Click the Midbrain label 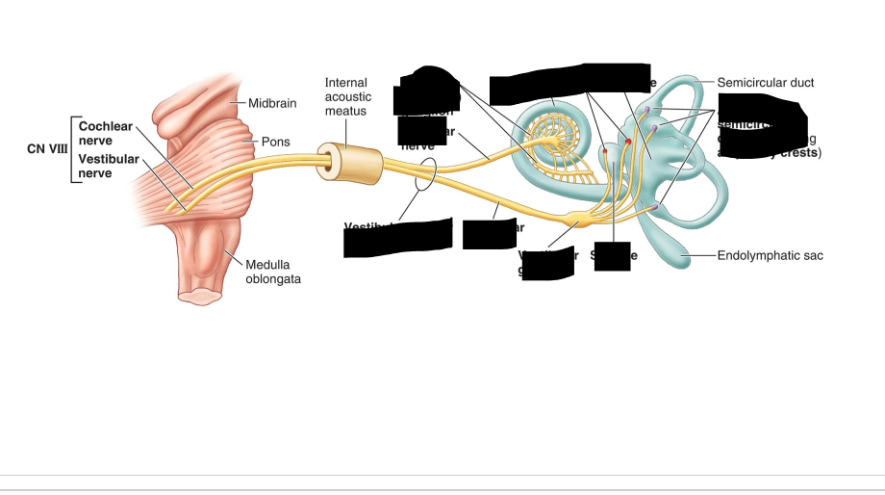(x=272, y=102)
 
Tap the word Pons (x=275, y=142)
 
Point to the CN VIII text (x=47, y=149)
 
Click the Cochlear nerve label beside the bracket (x=106, y=133)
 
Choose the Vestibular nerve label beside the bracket (x=109, y=166)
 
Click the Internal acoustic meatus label (x=347, y=96)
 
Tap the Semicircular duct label (x=765, y=83)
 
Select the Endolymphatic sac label (x=771, y=256)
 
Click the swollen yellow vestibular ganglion (x=579, y=221)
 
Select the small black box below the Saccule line (x=612, y=256)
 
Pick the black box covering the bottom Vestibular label (x=398, y=237)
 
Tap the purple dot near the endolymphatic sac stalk (x=656, y=207)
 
